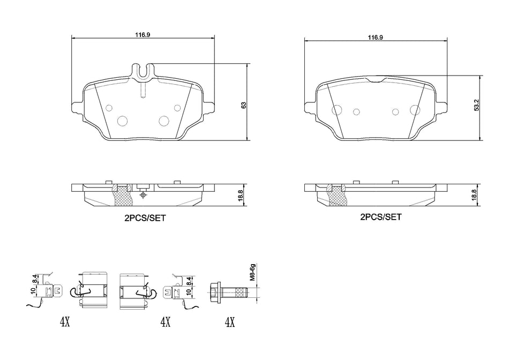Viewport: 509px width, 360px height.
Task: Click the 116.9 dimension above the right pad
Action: click(375, 37)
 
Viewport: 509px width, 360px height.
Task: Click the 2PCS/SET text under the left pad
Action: click(143, 219)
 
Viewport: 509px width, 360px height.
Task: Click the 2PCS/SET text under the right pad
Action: click(380, 217)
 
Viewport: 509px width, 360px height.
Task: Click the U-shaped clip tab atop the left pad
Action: click(143, 71)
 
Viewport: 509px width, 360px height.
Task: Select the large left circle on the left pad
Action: click(122, 121)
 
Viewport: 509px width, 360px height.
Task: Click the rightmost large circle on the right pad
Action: click(414, 110)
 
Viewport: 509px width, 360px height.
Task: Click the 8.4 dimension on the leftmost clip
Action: click(35, 279)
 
